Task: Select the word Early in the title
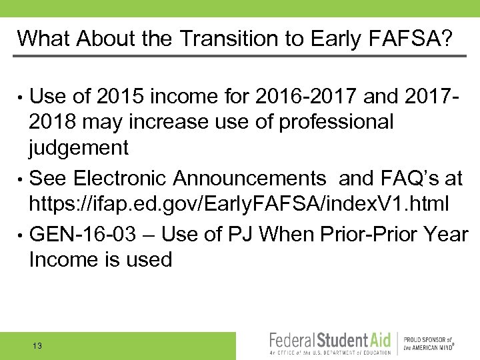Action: (x=339, y=38)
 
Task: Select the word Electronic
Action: (x=121, y=178)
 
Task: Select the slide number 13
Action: (x=37, y=345)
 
